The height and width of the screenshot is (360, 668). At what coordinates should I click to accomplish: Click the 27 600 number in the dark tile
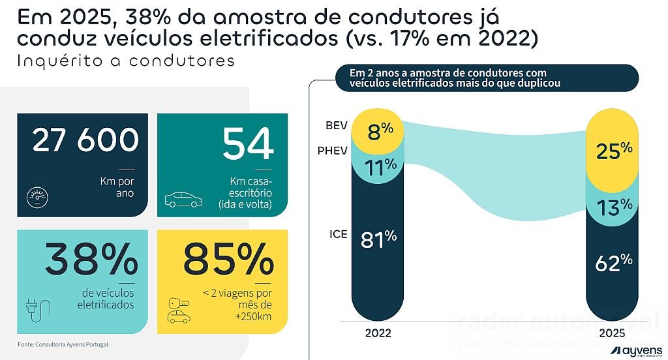[x=85, y=141]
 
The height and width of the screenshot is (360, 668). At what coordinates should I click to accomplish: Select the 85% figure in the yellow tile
[x=228, y=260]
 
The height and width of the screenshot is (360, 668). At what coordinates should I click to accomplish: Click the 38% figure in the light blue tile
[x=91, y=259]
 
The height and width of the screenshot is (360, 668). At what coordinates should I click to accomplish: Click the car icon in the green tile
[x=183, y=199]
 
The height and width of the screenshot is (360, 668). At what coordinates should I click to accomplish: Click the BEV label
[x=337, y=125]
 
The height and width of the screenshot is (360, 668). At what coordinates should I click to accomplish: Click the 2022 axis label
[x=378, y=333]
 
